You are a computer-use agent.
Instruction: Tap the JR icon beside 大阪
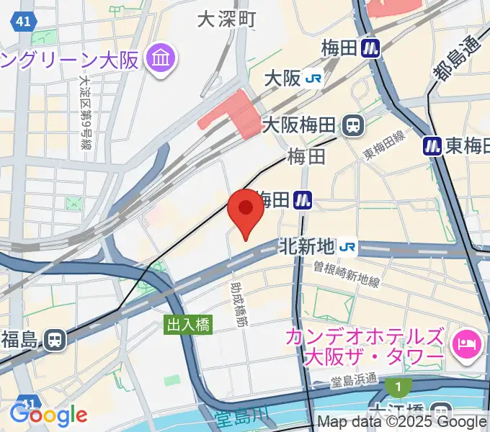click(313, 77)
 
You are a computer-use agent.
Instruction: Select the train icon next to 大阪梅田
click(353, 125)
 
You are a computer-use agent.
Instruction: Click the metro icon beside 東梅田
click(432, 145)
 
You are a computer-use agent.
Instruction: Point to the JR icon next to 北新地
click(348, 247)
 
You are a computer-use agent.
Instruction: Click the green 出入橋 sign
click(189, 325)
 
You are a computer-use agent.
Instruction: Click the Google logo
click(48, 415)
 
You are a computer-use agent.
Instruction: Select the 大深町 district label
click(226, 19)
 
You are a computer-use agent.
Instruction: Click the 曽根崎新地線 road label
click(337, 273)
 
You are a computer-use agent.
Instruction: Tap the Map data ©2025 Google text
click(402, 423)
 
